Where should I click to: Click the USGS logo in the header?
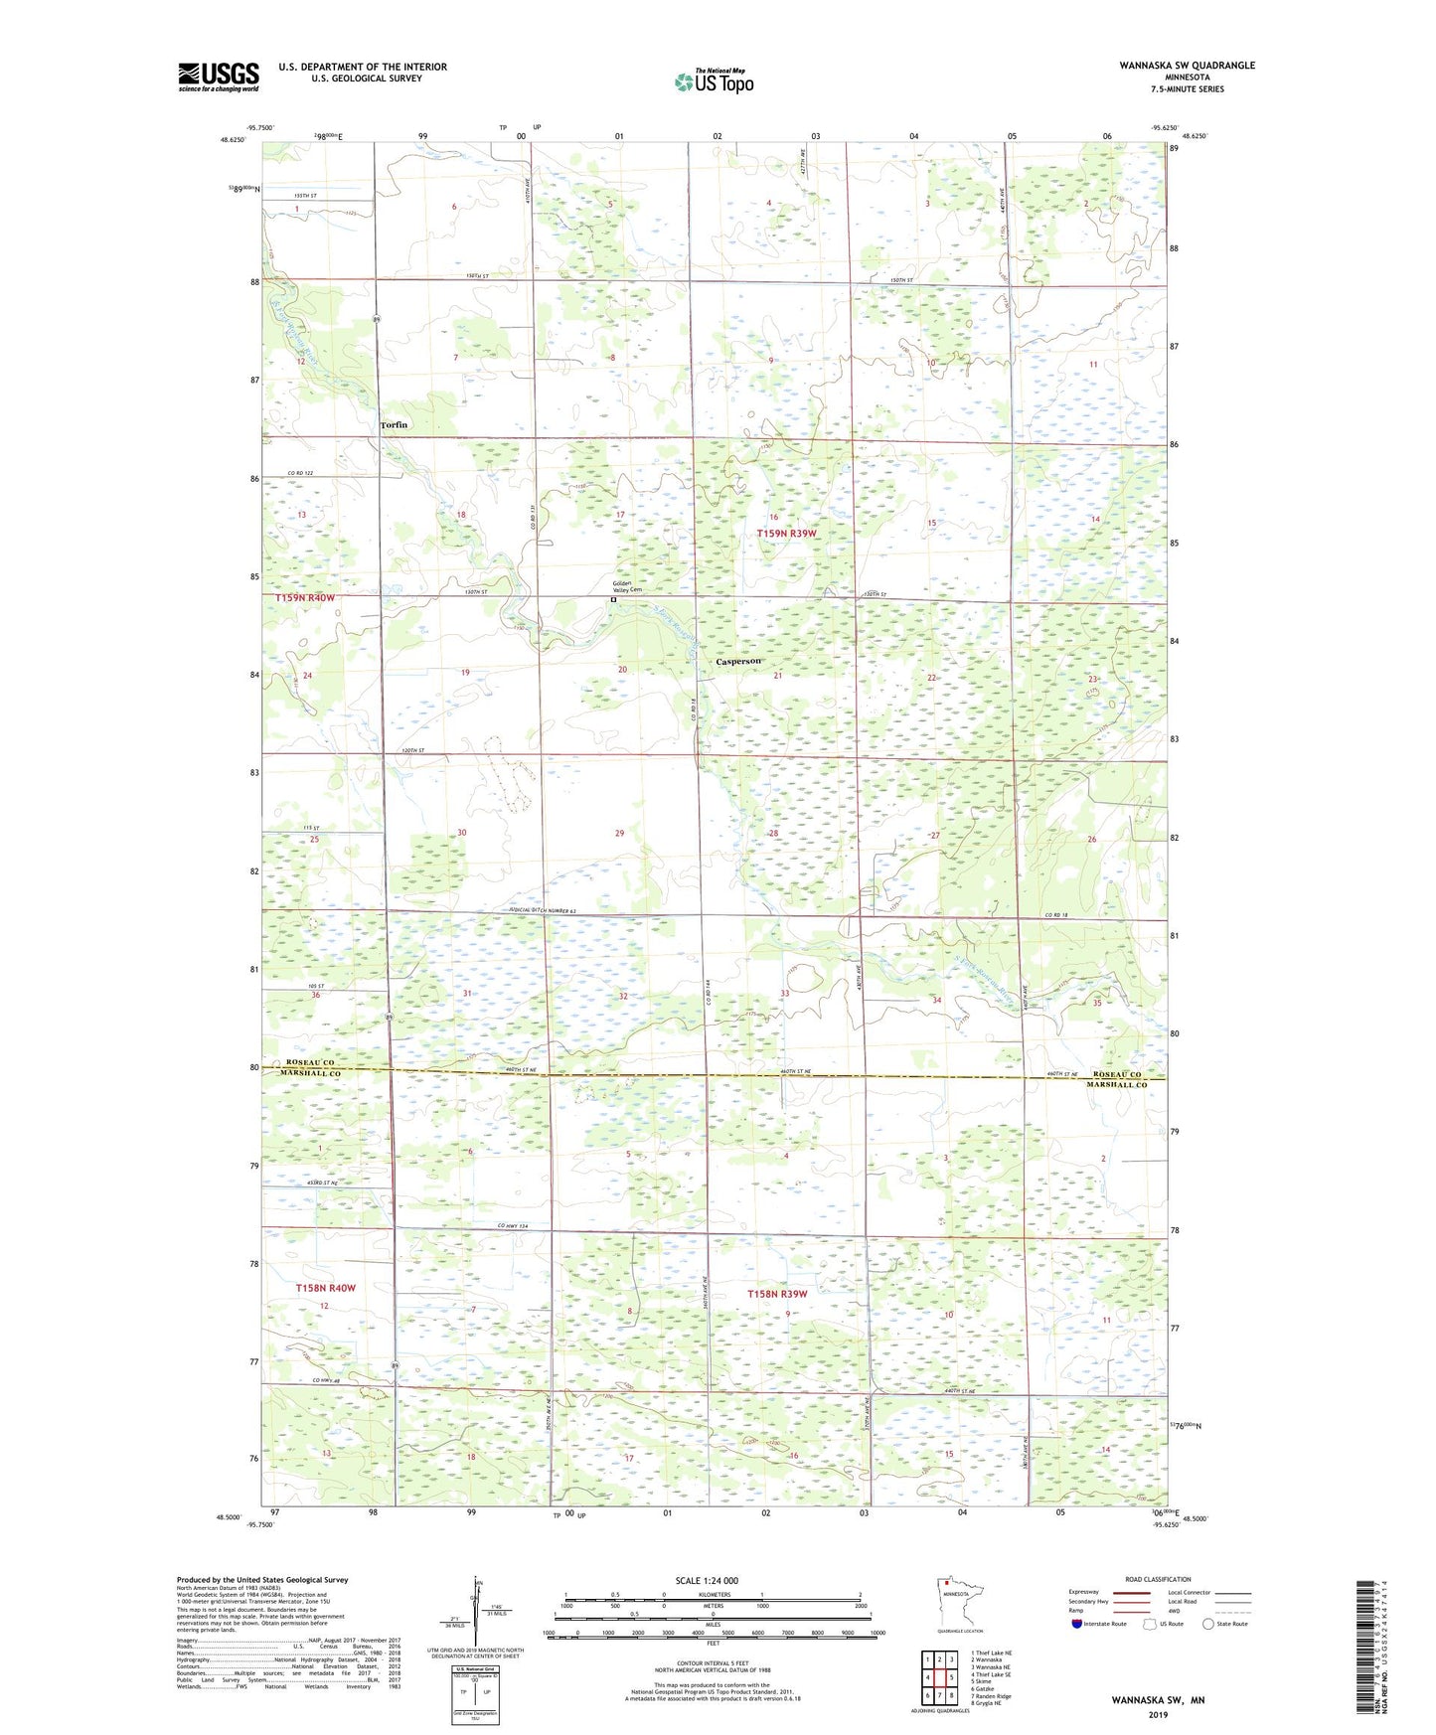point(218,77)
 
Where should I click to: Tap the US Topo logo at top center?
point(714,81)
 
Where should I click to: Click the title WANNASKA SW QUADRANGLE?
point(1187,66)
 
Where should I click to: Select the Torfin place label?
point(394,425)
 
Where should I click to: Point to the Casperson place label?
point(738,662)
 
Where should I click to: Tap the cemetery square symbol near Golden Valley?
point(613,600)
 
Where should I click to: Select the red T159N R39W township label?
point(786,534)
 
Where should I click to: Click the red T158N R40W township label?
point(325,1288)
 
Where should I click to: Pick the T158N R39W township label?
point(777,1294)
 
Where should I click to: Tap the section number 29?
point(619,834)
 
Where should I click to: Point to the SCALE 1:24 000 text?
point(707,1580)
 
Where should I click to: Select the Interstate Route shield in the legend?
point(1077,1624)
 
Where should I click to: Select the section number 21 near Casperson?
point(778,677)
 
